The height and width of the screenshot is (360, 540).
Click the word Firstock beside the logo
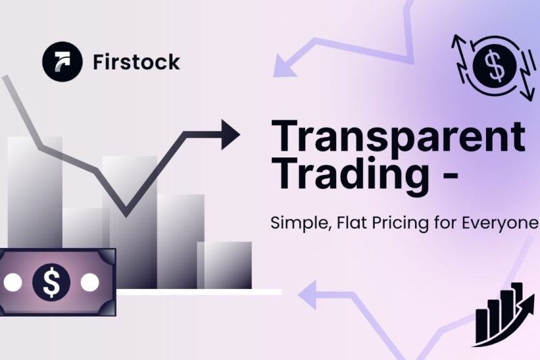[135, 62]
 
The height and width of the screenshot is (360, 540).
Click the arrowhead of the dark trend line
[230, 134]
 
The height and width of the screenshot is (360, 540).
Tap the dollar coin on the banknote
[51, 282]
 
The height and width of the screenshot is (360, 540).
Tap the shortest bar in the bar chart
[228, 265]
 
